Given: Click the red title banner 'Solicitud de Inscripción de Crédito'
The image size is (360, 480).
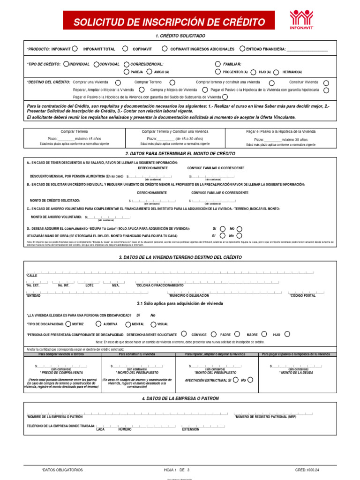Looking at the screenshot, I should coord(169,22).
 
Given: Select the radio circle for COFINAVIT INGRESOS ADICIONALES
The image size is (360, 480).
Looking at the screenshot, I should coord(165,48).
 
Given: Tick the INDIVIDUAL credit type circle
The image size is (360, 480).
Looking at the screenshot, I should coord(66,64).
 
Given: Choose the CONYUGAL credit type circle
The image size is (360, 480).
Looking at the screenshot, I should coord(96,64).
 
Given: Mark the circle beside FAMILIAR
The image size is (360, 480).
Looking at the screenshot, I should coord(218,64).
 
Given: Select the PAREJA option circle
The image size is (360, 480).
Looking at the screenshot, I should coord(127,72).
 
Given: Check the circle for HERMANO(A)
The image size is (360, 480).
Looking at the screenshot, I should coord(277,72).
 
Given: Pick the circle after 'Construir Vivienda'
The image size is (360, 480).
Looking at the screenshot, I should coord(326,82).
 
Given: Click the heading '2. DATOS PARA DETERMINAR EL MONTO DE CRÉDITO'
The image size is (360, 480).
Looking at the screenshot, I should coord(180,154).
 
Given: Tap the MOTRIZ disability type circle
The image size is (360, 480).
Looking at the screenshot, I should coord(68,323).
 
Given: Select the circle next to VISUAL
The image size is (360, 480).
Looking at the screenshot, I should coord(153,324).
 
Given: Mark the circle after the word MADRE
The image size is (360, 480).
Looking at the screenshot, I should coord(264,334).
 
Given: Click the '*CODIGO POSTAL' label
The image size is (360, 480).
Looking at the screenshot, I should coord(302,295).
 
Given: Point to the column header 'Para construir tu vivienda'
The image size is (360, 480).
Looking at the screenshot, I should coord(137,354).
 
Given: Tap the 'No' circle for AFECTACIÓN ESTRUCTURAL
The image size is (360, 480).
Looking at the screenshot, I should coord(250,380).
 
